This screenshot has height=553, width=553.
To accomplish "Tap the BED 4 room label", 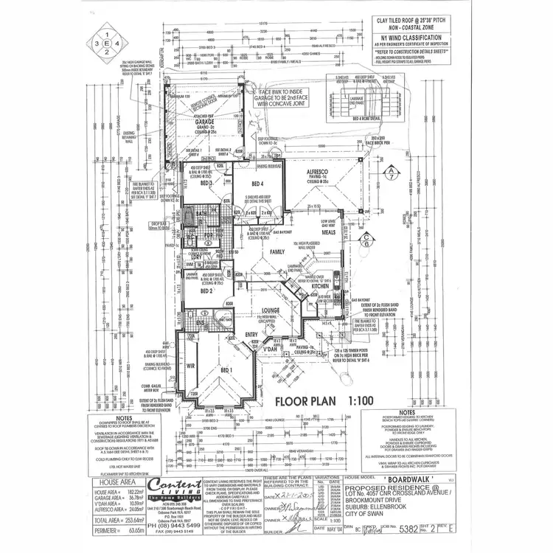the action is (x=257, y=184).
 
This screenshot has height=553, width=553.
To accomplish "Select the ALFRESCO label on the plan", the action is (x=321, y=170).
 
